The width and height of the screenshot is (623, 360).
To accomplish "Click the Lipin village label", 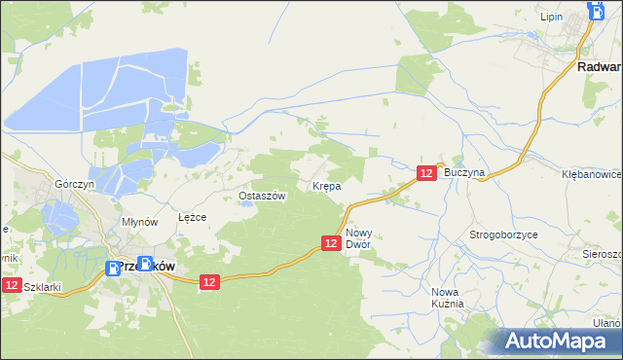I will pos(552,18).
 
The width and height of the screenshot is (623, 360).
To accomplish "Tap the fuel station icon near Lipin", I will pos(596,11).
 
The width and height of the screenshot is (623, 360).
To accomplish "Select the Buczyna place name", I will pos(463,171).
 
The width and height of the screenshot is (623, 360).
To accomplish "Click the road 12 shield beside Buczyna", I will pos(426,172).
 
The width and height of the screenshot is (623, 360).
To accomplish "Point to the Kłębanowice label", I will pos(592,172).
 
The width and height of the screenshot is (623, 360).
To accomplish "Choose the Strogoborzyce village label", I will pos(503,235).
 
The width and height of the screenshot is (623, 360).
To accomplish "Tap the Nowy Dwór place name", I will pos(359,238).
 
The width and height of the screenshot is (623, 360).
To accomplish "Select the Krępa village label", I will pos(325,185).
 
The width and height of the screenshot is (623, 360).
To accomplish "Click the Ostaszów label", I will pos(262,196).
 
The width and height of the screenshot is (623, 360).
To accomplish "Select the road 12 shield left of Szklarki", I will pos(11,285).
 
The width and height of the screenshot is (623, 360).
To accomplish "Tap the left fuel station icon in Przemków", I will pos(112,267).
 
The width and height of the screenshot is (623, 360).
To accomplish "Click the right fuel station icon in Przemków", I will pos(145,263).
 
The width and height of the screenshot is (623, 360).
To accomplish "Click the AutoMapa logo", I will pos(556,342).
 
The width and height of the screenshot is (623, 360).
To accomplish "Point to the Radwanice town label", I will pos(598,67).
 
